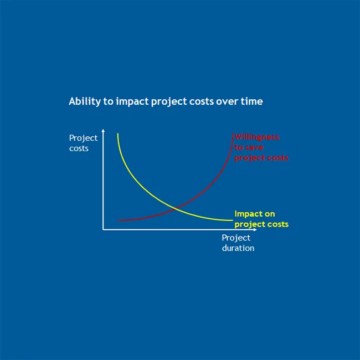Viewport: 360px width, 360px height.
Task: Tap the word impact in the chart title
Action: click(x=129, y=102)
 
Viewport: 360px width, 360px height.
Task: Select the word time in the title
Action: click(x=252, y=102)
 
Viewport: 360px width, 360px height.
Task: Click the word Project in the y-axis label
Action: click(x=83, y=138)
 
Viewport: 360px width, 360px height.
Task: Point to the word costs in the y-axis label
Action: click(x=79, y=148)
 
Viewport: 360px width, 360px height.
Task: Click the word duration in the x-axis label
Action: click(x=238, y=248)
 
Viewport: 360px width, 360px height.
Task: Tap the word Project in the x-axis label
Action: click(x=236, y=238)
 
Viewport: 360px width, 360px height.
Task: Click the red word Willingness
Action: click(x=257, y=137)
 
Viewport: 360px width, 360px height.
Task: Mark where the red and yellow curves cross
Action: click(x=176, y=209)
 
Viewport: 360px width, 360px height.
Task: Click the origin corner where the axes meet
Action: click(x=103, y=229)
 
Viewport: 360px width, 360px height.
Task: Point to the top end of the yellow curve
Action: click(x=118, y=133)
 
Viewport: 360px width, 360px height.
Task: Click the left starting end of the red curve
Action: click(x=119, y=220)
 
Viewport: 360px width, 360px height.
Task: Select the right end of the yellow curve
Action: click(x=232, y=220)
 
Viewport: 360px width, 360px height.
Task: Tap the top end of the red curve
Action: click(x=232, y=135)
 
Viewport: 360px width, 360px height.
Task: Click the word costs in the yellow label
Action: click(x=277, y=224)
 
